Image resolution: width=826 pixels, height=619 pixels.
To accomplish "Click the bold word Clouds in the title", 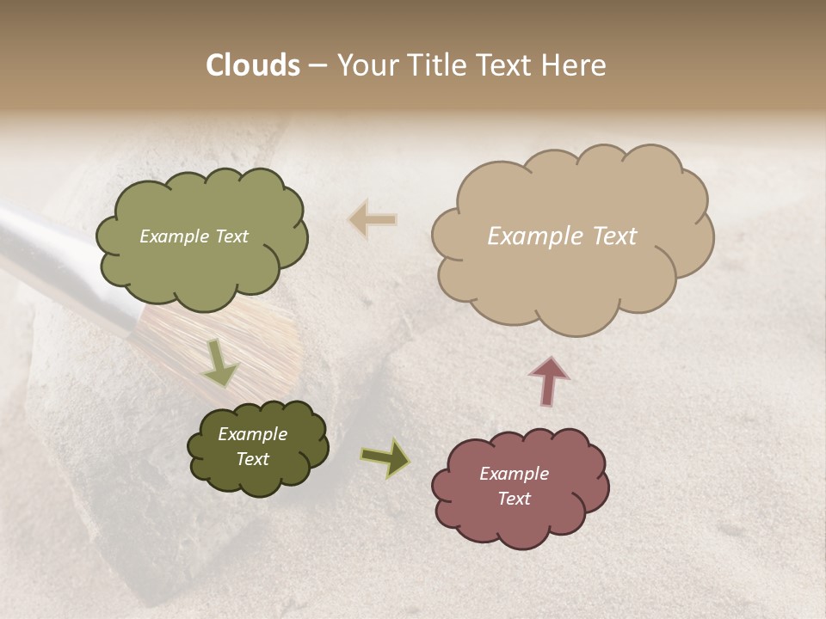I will (253, 65).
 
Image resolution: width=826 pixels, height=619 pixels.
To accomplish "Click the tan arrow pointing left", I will (373, 220).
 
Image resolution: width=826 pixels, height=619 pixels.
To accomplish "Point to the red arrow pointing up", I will (549, 379).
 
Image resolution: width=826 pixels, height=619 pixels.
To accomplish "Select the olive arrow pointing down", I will (219, 363).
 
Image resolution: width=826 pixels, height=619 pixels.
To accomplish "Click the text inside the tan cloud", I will (562, 236).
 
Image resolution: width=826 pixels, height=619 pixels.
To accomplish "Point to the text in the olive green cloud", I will (194, 236).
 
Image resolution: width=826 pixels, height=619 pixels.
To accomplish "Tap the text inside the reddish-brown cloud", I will (514, 486).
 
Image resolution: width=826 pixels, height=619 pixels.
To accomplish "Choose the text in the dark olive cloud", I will (252, 446).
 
